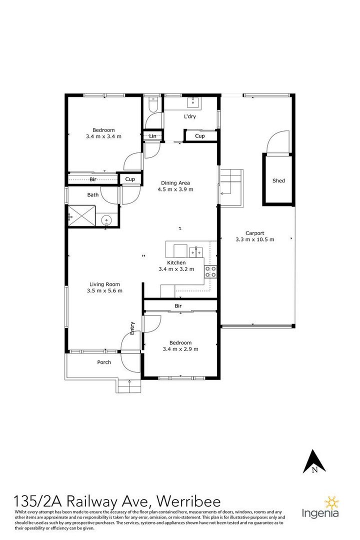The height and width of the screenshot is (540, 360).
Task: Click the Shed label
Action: pyautogui.click(x=278, y=180)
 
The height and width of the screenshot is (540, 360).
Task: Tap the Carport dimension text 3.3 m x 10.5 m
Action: pyautogui.click(x=255, y=239)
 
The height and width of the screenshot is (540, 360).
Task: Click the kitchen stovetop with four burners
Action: pyautogui.click(x=210, y=271)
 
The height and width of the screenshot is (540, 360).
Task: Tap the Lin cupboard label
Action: pyautogui.click(x=152, y=136)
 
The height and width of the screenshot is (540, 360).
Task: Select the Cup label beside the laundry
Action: pyautogui.click(x=199, y=136)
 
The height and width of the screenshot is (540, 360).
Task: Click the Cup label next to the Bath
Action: pyautogui.click(x=130, y=179)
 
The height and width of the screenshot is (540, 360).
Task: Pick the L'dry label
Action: pyautogui.click(x=190, y=117)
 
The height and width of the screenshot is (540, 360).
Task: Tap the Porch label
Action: pyautogui.click(x=103, y=362)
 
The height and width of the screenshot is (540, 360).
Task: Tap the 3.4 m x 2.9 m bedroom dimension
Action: pyautogui.click(x=180, y=349)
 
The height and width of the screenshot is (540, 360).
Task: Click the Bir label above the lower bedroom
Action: pyautogui.click(x=178, y=305)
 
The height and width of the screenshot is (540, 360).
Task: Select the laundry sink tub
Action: pyautogui.click(x=193, y=103)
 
